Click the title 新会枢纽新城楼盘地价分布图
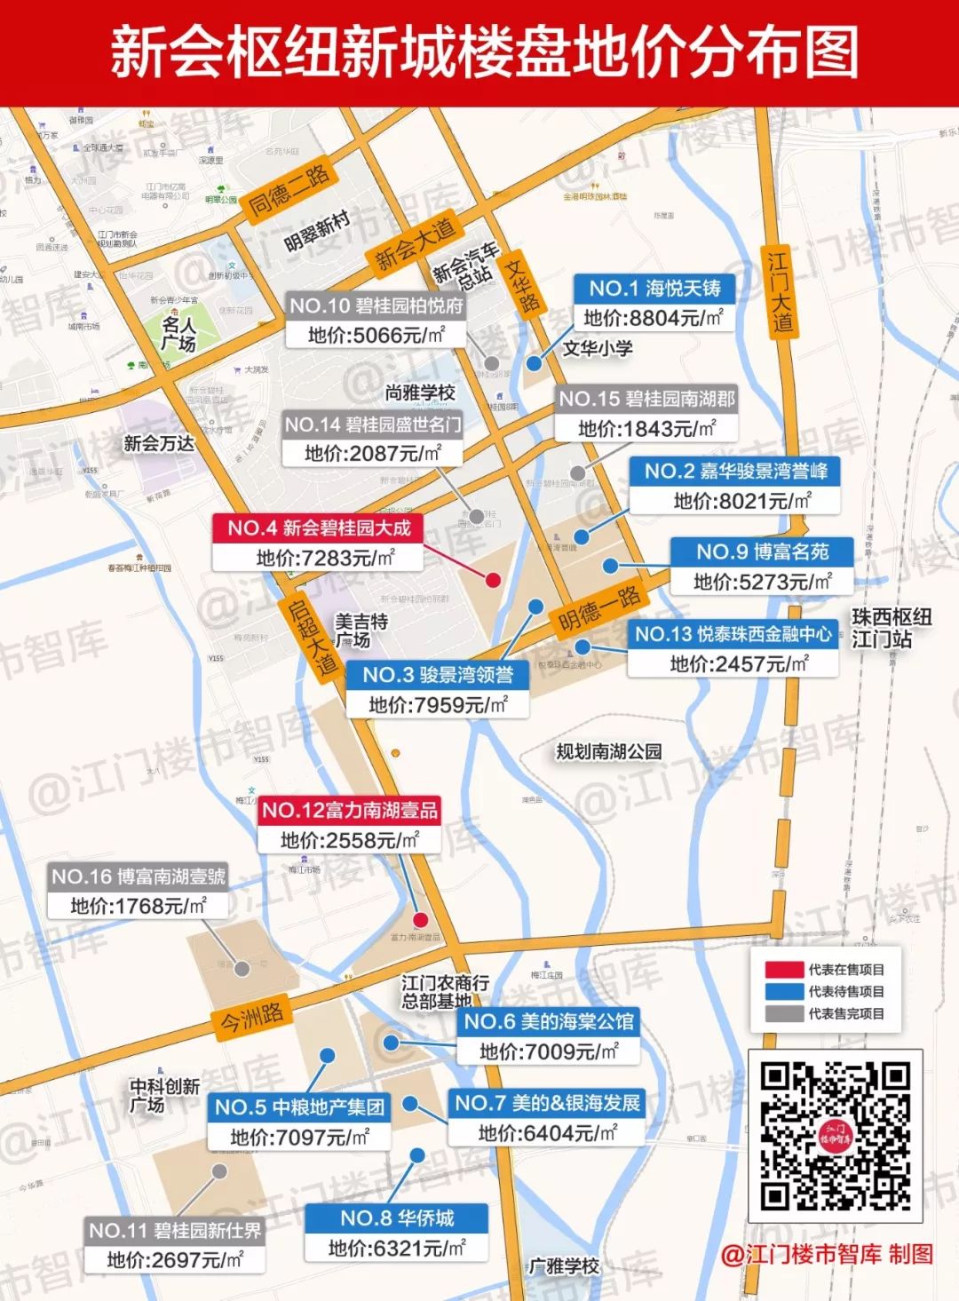coord(484,52)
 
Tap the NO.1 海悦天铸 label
coord(654,288)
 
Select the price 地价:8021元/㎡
coord(741,501)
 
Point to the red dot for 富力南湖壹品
coord(421,920)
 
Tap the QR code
coord(835,1136)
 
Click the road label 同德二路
coord(288,190)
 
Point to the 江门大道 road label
coord(780,291)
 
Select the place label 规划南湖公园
coord(609,752)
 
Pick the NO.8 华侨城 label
coord(396,1218)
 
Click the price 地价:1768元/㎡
coord(138,906)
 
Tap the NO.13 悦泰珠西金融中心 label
coord(733,634)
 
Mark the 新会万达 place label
coord(158,443)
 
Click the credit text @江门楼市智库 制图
coord(827,1254)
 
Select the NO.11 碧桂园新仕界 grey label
coord(175,1231)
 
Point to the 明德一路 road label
coord(600,608)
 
